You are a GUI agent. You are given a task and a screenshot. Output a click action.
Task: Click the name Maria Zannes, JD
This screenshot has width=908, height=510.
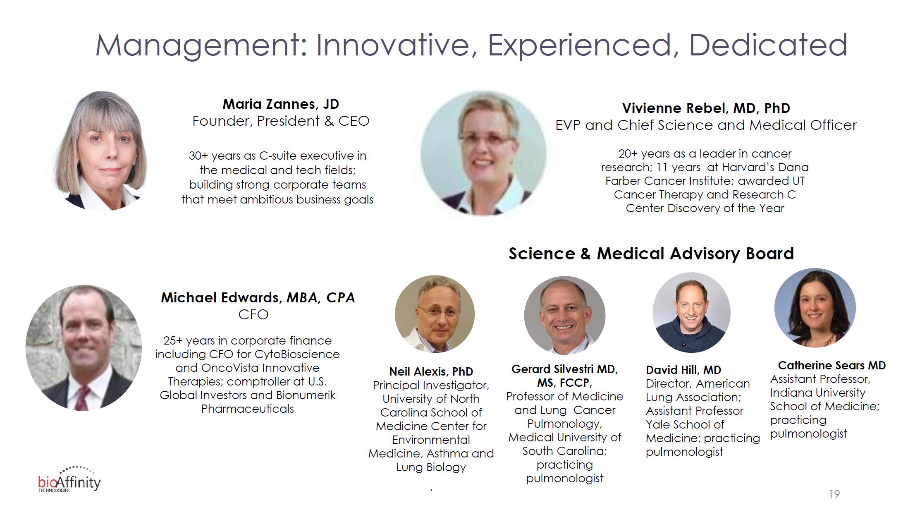pyautogui.click(x=281, y=104)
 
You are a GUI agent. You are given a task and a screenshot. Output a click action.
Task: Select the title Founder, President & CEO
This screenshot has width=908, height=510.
pyautogui.click(x=281, y=121)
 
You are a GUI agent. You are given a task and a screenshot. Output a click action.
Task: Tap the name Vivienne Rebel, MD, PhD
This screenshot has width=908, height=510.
pyautogui.click(x=706, y=108)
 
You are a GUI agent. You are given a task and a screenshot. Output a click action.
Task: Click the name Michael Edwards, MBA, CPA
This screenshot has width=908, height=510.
pyautogui.click(x=258, y=298)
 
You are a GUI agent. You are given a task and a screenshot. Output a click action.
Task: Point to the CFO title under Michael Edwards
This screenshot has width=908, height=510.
pyautogui.click(x=253, y=315)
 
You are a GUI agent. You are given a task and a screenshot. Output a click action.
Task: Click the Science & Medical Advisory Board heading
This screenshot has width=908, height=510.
pyautogui.click(x=651, y=254)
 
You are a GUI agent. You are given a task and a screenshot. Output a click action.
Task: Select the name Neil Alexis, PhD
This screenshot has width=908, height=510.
pyautogui.click(x=431, y=371)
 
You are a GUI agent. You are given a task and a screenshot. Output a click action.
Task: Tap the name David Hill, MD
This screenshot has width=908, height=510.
pyautogui.click(x=683, y=370)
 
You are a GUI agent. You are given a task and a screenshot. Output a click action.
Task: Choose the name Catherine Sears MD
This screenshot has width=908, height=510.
pyautogui.click(x=832, y=365)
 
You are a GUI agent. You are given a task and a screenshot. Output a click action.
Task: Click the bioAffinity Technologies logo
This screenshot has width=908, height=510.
pyautogui.click(x=69, y=480)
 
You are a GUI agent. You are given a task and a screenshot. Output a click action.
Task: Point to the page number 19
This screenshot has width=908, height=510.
pyautogui.click(x=834, y=494)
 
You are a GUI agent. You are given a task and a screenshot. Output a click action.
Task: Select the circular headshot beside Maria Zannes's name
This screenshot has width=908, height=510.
pyautogui.click(x=102, y=151)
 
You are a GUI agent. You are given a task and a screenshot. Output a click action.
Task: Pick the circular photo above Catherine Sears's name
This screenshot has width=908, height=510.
pyautogui.click(x=815, y=308)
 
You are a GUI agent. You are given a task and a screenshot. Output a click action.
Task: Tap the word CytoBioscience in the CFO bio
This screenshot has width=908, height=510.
pyautogui.click(x=297, y=354)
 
